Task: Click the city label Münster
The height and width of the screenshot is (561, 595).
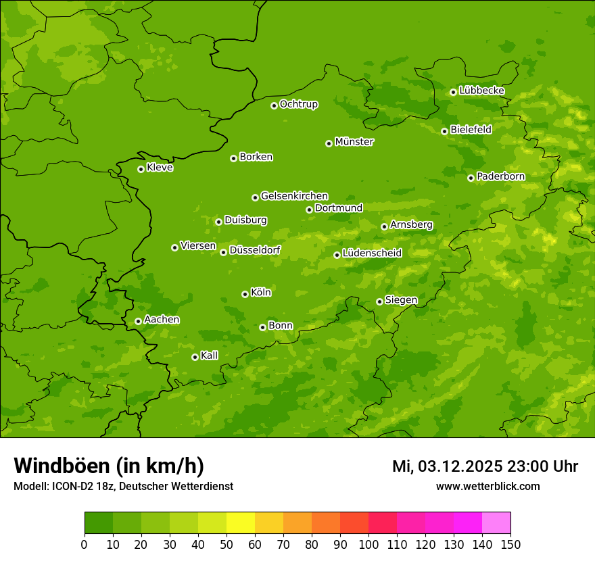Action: (354, 142)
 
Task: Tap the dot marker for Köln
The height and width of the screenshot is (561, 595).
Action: (245, 294)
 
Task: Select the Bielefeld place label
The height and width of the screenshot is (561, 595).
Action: (471, 130)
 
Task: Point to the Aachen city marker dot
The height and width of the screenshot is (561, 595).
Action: (138, 321)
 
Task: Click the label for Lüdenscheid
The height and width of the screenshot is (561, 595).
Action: (372, 253)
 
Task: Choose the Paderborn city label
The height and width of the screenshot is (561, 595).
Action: (500, 176)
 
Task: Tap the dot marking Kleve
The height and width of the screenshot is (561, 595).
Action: (141, 169)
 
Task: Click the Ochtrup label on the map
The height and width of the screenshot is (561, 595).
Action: (298, 104)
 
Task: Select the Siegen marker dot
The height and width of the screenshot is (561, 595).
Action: (379, 301)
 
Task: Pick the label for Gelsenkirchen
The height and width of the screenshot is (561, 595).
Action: (294, 196)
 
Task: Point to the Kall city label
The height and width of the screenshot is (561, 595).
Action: (210, 356)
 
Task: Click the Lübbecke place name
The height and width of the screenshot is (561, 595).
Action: (481, 91)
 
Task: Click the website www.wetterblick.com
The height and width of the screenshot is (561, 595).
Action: (487, 486)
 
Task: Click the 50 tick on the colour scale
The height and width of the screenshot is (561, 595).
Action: (227, 544)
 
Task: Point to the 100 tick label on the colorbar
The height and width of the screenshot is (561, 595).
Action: (368, 544)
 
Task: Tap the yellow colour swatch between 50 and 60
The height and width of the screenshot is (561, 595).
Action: (241, 523)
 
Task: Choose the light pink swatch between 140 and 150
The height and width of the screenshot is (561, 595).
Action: (496, 523)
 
